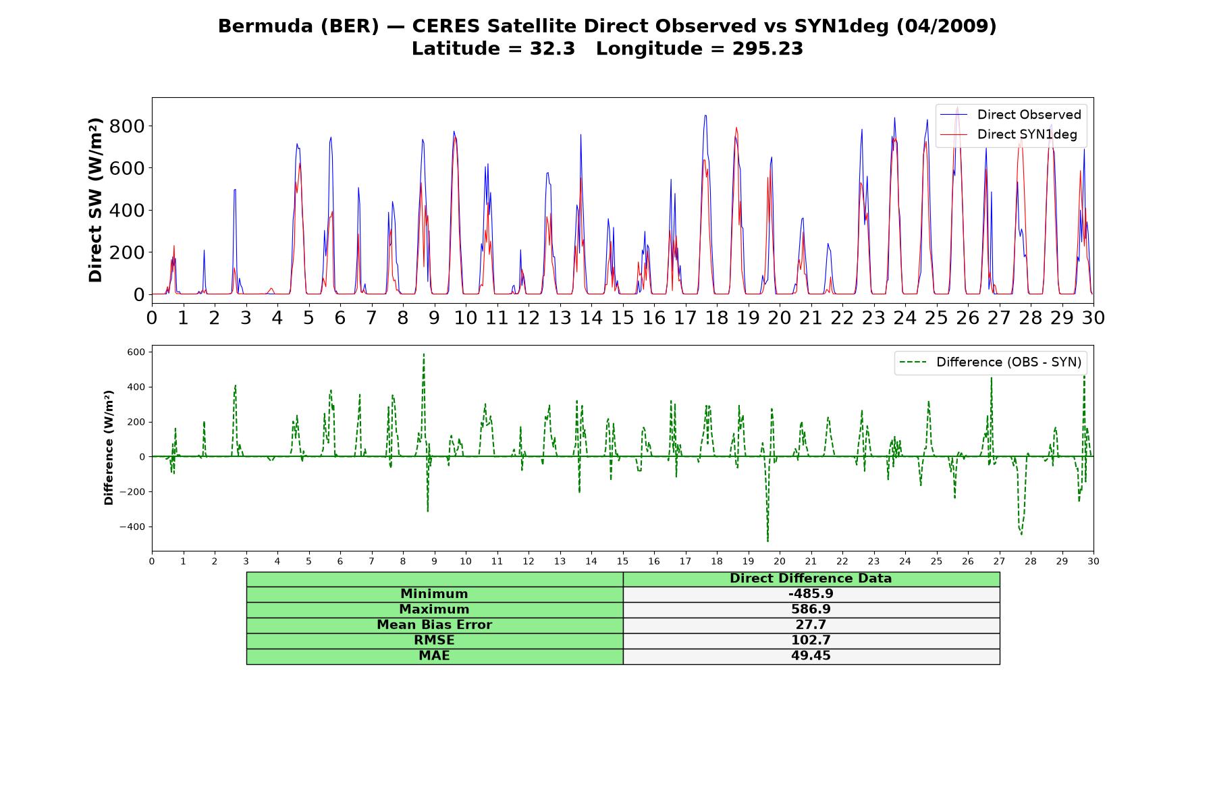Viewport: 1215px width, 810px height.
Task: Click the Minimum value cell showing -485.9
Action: (811, 594)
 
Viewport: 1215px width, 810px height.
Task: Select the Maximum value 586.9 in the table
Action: (811, 610)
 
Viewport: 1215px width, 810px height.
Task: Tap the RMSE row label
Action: (434, 640)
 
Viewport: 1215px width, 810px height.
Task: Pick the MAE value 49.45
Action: (811, 655)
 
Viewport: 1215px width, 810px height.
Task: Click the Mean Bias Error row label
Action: (434, 625)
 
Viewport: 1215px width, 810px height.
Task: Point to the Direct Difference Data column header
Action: (811, 578)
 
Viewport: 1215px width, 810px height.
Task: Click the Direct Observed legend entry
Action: (1010, 115)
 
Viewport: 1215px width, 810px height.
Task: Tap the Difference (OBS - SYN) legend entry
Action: (991, 362)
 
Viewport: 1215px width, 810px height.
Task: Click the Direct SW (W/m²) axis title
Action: (95, 200)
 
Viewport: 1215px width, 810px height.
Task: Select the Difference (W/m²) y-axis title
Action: (109, 448)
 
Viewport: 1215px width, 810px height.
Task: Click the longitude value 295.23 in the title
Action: (767, 49)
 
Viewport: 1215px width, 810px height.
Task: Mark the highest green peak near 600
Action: (424, 354)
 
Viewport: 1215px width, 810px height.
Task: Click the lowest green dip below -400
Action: (767, 541)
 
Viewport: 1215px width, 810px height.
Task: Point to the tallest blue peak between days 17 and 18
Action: (705, 115)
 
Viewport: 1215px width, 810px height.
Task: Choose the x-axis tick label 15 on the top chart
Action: (622, 317)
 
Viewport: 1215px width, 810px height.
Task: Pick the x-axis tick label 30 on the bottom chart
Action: (1093, 561)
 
